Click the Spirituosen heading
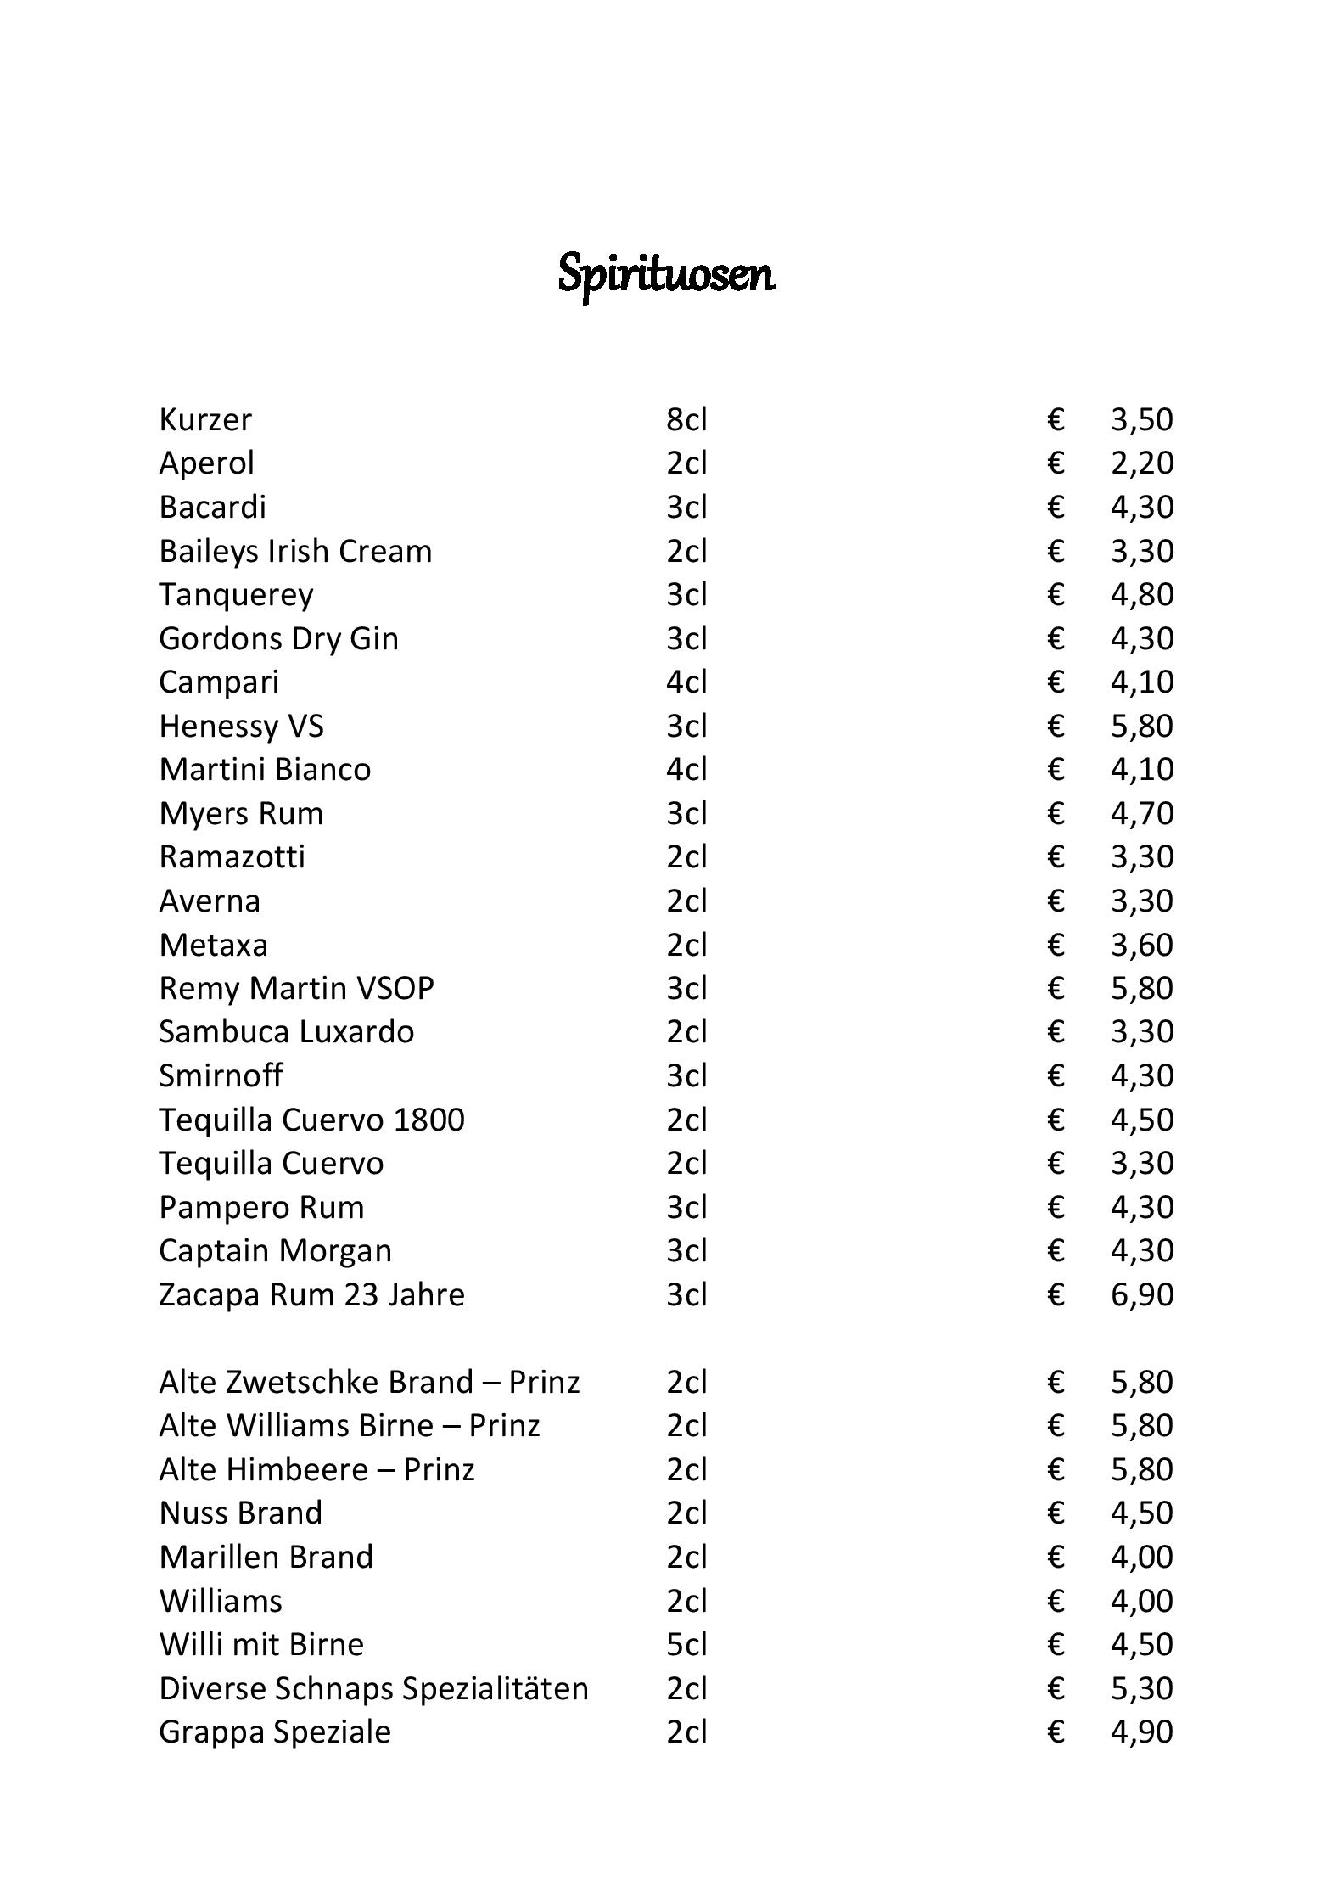pyautogui.click(x=666, y=274)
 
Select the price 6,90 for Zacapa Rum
pyautogui.click(x=1141, y=1295)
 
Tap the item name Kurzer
pyautogui.click(x=205, y=420)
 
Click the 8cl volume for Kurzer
pyautogui.click(x=686, y=420)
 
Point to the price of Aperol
pyautogui.click(x=1141, y=463)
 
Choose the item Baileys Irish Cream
pyautogui.click(x=295, y=552)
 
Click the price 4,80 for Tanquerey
pyautogui.click(x=1141, y=595)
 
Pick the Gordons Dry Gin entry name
pyautogui.click(x=278, y=639)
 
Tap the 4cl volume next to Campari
pyautogui.click(x=686, y=682)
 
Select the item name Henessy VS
pyautogui.click(x=241, y=727)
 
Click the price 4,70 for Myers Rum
pyautogui.click(x=1141, y=814)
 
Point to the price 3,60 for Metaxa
pyautogui.click(x=1141, y=946)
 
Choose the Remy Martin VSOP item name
pyautogui.click(x=296, y=989)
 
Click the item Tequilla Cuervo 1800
pyautogui.click(x=311, y=1120)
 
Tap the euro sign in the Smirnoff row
pyautogui.click(x=1056, y=1076)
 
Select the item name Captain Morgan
pyautogui.click(x=275, y=1251)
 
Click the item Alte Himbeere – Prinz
pyautogui.click(x=316, y=1470)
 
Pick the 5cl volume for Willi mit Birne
pyautogui.click(x=686, y=1645)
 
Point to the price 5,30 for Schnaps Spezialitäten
pyautogui.click(x=1141, y=1689)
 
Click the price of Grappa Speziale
pyautogui.click(x=1141, y=1732)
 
